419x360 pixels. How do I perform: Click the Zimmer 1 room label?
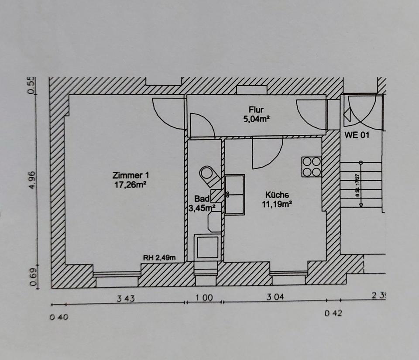click(131, 175)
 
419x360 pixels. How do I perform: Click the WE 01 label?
click(357, 135)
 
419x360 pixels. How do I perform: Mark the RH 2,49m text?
click(159, 257)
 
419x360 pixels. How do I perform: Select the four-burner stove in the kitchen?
click(312, 167)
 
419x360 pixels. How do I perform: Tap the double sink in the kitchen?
click(235, 194)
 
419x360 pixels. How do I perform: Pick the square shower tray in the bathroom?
click(207, 247)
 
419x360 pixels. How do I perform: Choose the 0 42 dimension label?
click(333, 313)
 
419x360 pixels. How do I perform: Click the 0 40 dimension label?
click(58, 317)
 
